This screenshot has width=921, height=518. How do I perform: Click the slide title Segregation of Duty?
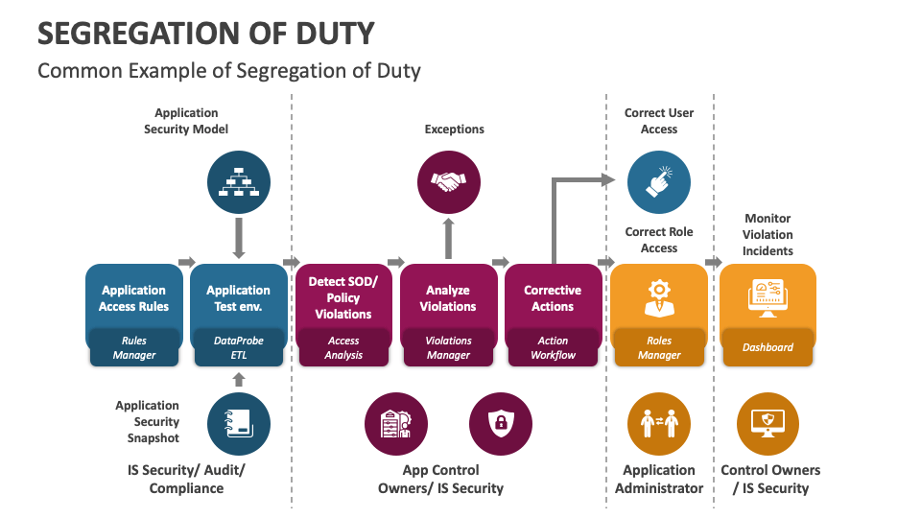(205, 33)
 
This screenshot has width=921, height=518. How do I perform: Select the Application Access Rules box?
(133, 298)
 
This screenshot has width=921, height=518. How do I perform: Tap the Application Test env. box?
(238, 298)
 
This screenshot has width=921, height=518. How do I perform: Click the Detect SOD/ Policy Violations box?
(343, 297)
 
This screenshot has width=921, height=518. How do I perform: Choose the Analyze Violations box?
(448, 298)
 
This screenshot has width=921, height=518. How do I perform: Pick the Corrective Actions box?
(553, 298)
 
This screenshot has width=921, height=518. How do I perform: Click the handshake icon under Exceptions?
(448, 181)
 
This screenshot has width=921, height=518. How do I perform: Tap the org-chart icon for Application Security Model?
(239, 181)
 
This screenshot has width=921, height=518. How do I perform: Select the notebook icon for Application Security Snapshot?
(239, 424)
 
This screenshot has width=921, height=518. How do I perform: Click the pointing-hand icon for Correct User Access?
(659, 181)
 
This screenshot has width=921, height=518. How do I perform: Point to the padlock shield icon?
(500, 424)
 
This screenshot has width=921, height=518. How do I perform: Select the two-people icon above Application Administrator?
(659, 424)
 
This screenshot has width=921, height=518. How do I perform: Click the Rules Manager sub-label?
(133, 347)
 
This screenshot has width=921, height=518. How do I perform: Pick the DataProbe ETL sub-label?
(238, 347)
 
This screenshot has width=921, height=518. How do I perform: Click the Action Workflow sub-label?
(553, 347)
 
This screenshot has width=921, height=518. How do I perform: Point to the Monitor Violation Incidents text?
(767, 235)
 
